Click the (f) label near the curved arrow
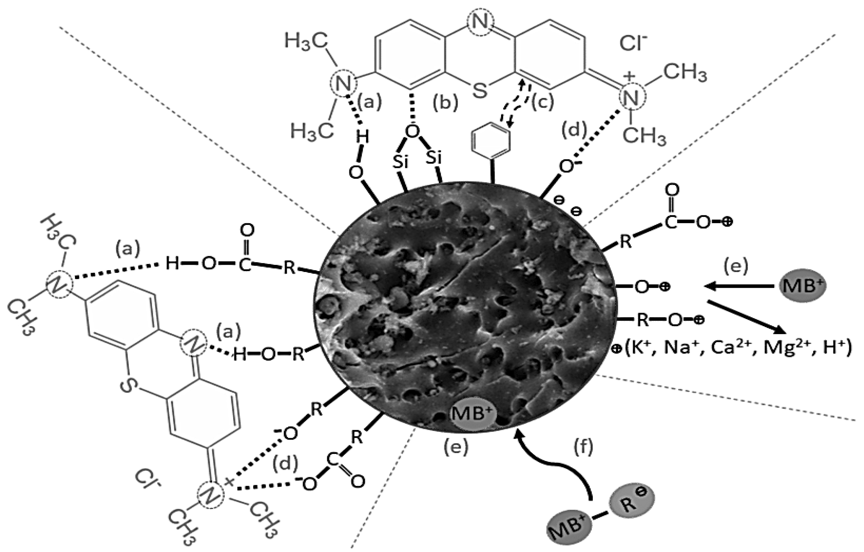point(583,447)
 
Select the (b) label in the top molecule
point(445,103)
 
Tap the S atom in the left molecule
point(127,385)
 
